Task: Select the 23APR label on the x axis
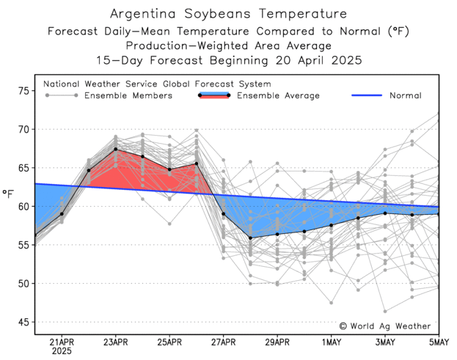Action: tap(116, 342)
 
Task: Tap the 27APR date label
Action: tap(224, 342)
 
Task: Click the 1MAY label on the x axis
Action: tap(332, 342)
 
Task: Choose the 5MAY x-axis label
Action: tap(439, 342)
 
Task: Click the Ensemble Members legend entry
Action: tap(128, 95)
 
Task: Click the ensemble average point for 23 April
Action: tap(116, 150)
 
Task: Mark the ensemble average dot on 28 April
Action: tap(251, 238)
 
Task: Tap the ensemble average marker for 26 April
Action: tap(197, 164)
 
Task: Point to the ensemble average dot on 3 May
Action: tap(385, 213)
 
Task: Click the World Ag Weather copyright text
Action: tap(385, 326)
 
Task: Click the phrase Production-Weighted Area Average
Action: tap(228, 45)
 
